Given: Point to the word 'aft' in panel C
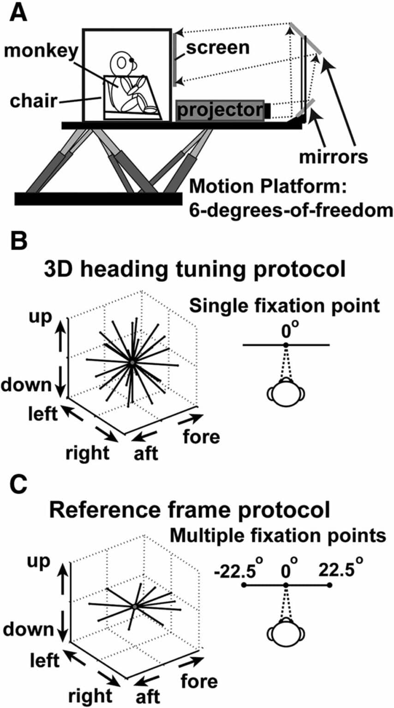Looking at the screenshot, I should [x=147, y=696].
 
